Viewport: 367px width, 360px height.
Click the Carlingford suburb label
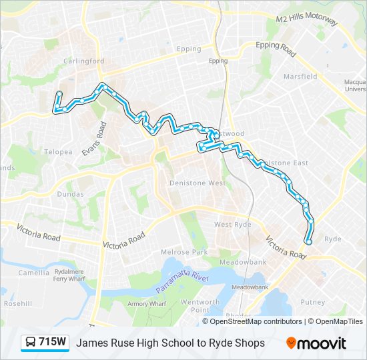[84, 61]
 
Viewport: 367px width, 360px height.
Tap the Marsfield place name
[300, 77]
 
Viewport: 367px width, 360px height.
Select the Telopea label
[58, 151]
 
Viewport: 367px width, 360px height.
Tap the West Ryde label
[233, 225]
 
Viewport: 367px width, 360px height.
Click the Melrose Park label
[185, 252]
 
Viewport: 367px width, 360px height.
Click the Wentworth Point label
[200, 306]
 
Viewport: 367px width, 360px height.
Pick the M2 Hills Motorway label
[307, 20]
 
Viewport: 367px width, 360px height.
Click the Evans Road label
[93, 139]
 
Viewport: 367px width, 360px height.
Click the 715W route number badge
[45, 343]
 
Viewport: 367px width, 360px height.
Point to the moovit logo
[316, 343]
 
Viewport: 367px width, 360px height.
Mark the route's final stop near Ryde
[308, 242]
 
